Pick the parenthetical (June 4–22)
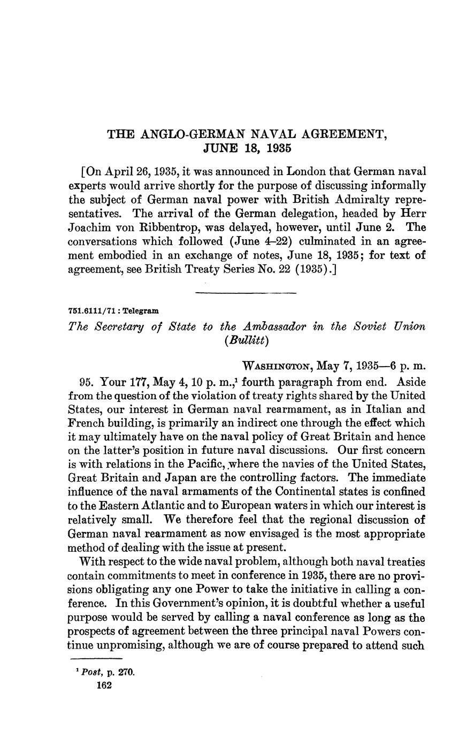265,241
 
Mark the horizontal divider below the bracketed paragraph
246,293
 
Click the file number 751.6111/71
90,311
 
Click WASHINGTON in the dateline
277,367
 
